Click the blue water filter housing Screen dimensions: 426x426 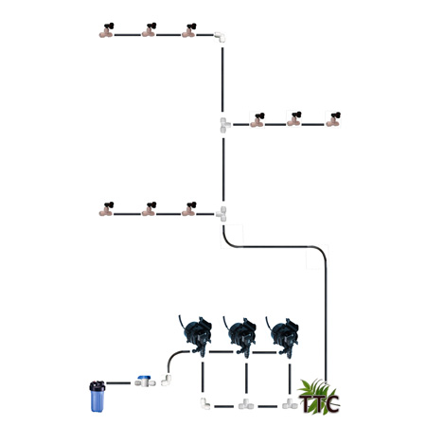tap(98, 397)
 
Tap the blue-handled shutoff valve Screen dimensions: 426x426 tap(145, 382)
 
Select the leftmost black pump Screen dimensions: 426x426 tap(196, 335)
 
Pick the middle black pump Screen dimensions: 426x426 tap(240, 337)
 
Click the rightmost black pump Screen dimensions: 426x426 tap(283, 337)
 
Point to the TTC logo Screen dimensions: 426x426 tap(319, 398)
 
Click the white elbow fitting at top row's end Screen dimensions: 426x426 tap(220, 37)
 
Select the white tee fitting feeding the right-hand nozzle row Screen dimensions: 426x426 tap(224, 125)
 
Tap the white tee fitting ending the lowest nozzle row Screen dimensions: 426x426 tap(222, 214)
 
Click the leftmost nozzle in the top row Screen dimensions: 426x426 tap(107, 30)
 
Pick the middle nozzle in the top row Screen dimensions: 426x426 tap(150, 30)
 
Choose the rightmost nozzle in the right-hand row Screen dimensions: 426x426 tap(333, 119)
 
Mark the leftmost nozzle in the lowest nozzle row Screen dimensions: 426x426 tap(107, 209)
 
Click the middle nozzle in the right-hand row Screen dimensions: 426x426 tap(294, 119)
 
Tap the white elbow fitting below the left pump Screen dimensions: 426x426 tap(205, 403)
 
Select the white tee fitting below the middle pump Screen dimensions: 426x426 tap(246, 404)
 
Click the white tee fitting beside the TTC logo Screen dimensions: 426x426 tap(290, 404)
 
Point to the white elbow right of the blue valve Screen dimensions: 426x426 tap(167, 380)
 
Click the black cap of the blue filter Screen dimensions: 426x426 tap(98, 386)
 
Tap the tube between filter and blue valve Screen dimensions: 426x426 tap(118, 383)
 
